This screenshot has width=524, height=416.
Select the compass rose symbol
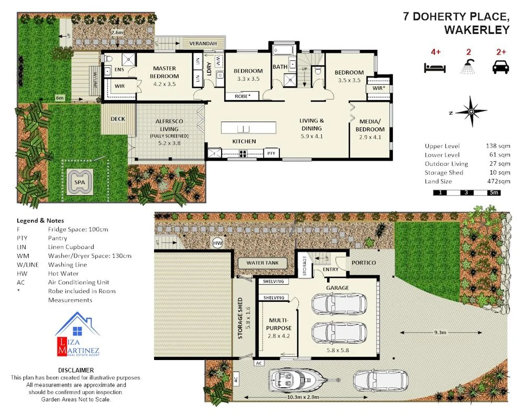pyautogui.click(x=471, y=111)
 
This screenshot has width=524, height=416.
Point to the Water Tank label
pyautogui.click(x=263, y=263)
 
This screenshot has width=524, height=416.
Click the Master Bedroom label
pyautogui.click(x=165, y=72)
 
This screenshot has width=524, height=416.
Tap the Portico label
pyautogui.click(x=364, y=262)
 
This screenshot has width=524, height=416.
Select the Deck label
pyautogui.click(x=118, y=119)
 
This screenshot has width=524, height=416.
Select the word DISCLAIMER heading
pyautogui.click(x=77, y=369)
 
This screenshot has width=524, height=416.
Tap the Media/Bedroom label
pyautogui.click(x=370, y=126)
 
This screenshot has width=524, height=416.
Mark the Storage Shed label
pyautogui.click(x=241, y=319)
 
